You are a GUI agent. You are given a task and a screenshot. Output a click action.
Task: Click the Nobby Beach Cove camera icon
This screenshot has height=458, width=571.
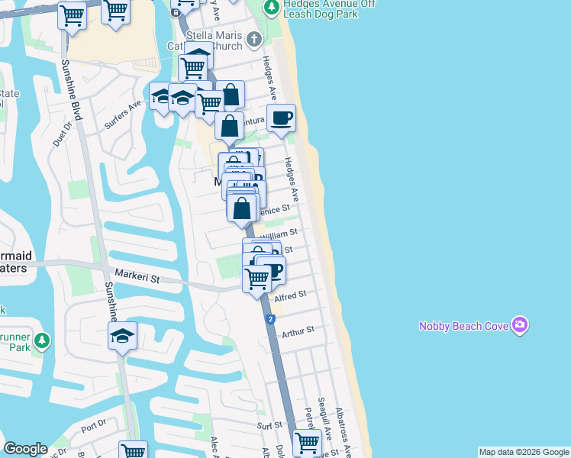(x=520, y=325)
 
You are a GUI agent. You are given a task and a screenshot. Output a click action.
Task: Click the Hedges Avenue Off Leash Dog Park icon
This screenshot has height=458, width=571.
(x=271, y=8)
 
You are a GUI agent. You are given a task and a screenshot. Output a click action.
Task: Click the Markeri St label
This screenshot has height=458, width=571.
(x=138, y=278)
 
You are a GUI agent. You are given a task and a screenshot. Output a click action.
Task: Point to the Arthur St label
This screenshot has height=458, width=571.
(x=298, y=332)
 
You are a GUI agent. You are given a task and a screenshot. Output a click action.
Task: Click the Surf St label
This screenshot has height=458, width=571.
(x=269, y=425)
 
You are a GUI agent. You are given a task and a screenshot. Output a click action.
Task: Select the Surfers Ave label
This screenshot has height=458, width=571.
(x=124, y=114)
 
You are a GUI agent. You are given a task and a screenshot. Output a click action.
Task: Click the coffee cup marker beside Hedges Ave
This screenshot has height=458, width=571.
(x=282, y=118)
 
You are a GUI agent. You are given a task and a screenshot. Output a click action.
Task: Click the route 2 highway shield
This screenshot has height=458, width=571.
(x=271, y=320)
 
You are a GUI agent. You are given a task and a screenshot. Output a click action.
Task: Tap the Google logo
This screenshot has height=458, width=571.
(x=25, y=449)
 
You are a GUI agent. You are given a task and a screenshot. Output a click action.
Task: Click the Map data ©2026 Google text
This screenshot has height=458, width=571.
(x=523, y=452)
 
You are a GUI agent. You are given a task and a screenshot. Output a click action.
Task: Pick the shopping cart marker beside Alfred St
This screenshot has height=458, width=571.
(x=257, y=279)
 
